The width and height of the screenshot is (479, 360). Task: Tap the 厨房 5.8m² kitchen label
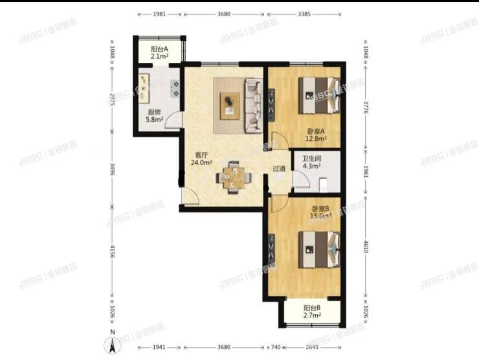click(153, 115)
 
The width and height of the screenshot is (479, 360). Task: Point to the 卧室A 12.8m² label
click(317, 134)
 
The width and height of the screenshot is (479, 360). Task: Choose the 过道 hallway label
click(279, 168)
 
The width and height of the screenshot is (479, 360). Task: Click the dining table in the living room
click(232, 177)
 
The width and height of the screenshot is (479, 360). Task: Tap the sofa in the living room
click(253, 106)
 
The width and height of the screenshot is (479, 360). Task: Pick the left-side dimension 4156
click(113, 253)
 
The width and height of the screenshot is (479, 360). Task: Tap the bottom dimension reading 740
click(276, 347)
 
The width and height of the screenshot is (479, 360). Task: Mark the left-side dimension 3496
click(113, 170)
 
